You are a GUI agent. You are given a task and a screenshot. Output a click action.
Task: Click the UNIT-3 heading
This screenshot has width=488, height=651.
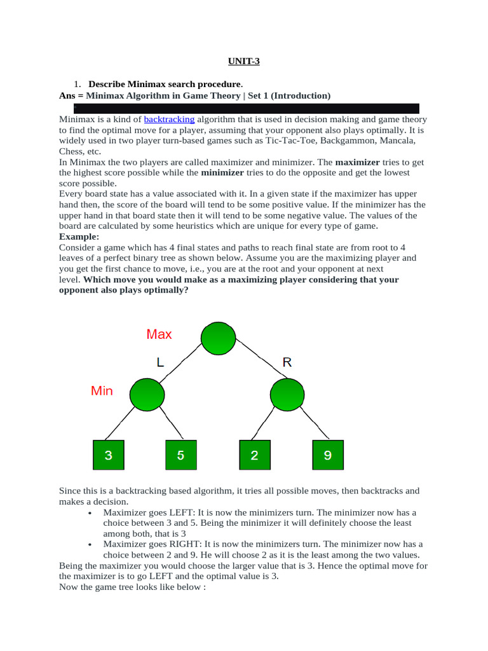243,62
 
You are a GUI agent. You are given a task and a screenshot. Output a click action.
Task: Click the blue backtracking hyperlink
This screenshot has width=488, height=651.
169,120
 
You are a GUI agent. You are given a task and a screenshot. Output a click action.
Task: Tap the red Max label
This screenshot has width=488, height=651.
159,334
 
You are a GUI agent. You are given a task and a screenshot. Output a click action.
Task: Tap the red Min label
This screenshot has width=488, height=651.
102,391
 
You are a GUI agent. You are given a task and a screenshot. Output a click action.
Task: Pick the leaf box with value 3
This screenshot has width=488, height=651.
109,455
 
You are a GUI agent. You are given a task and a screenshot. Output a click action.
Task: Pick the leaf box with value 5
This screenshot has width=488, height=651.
181,455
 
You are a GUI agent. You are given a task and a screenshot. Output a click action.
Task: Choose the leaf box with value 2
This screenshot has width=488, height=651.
254,455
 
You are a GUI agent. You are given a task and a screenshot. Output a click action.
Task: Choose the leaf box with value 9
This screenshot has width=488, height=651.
328,455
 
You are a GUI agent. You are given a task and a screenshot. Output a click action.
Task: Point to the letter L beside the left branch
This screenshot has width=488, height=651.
160,362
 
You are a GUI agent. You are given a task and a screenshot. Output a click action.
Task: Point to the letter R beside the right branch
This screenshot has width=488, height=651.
287,362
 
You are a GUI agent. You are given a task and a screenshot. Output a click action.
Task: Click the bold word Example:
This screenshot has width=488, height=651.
78,236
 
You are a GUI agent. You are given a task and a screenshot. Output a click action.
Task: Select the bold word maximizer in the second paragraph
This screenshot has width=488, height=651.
360,162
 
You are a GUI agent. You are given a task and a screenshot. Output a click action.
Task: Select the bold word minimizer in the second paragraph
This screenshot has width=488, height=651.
222,173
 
